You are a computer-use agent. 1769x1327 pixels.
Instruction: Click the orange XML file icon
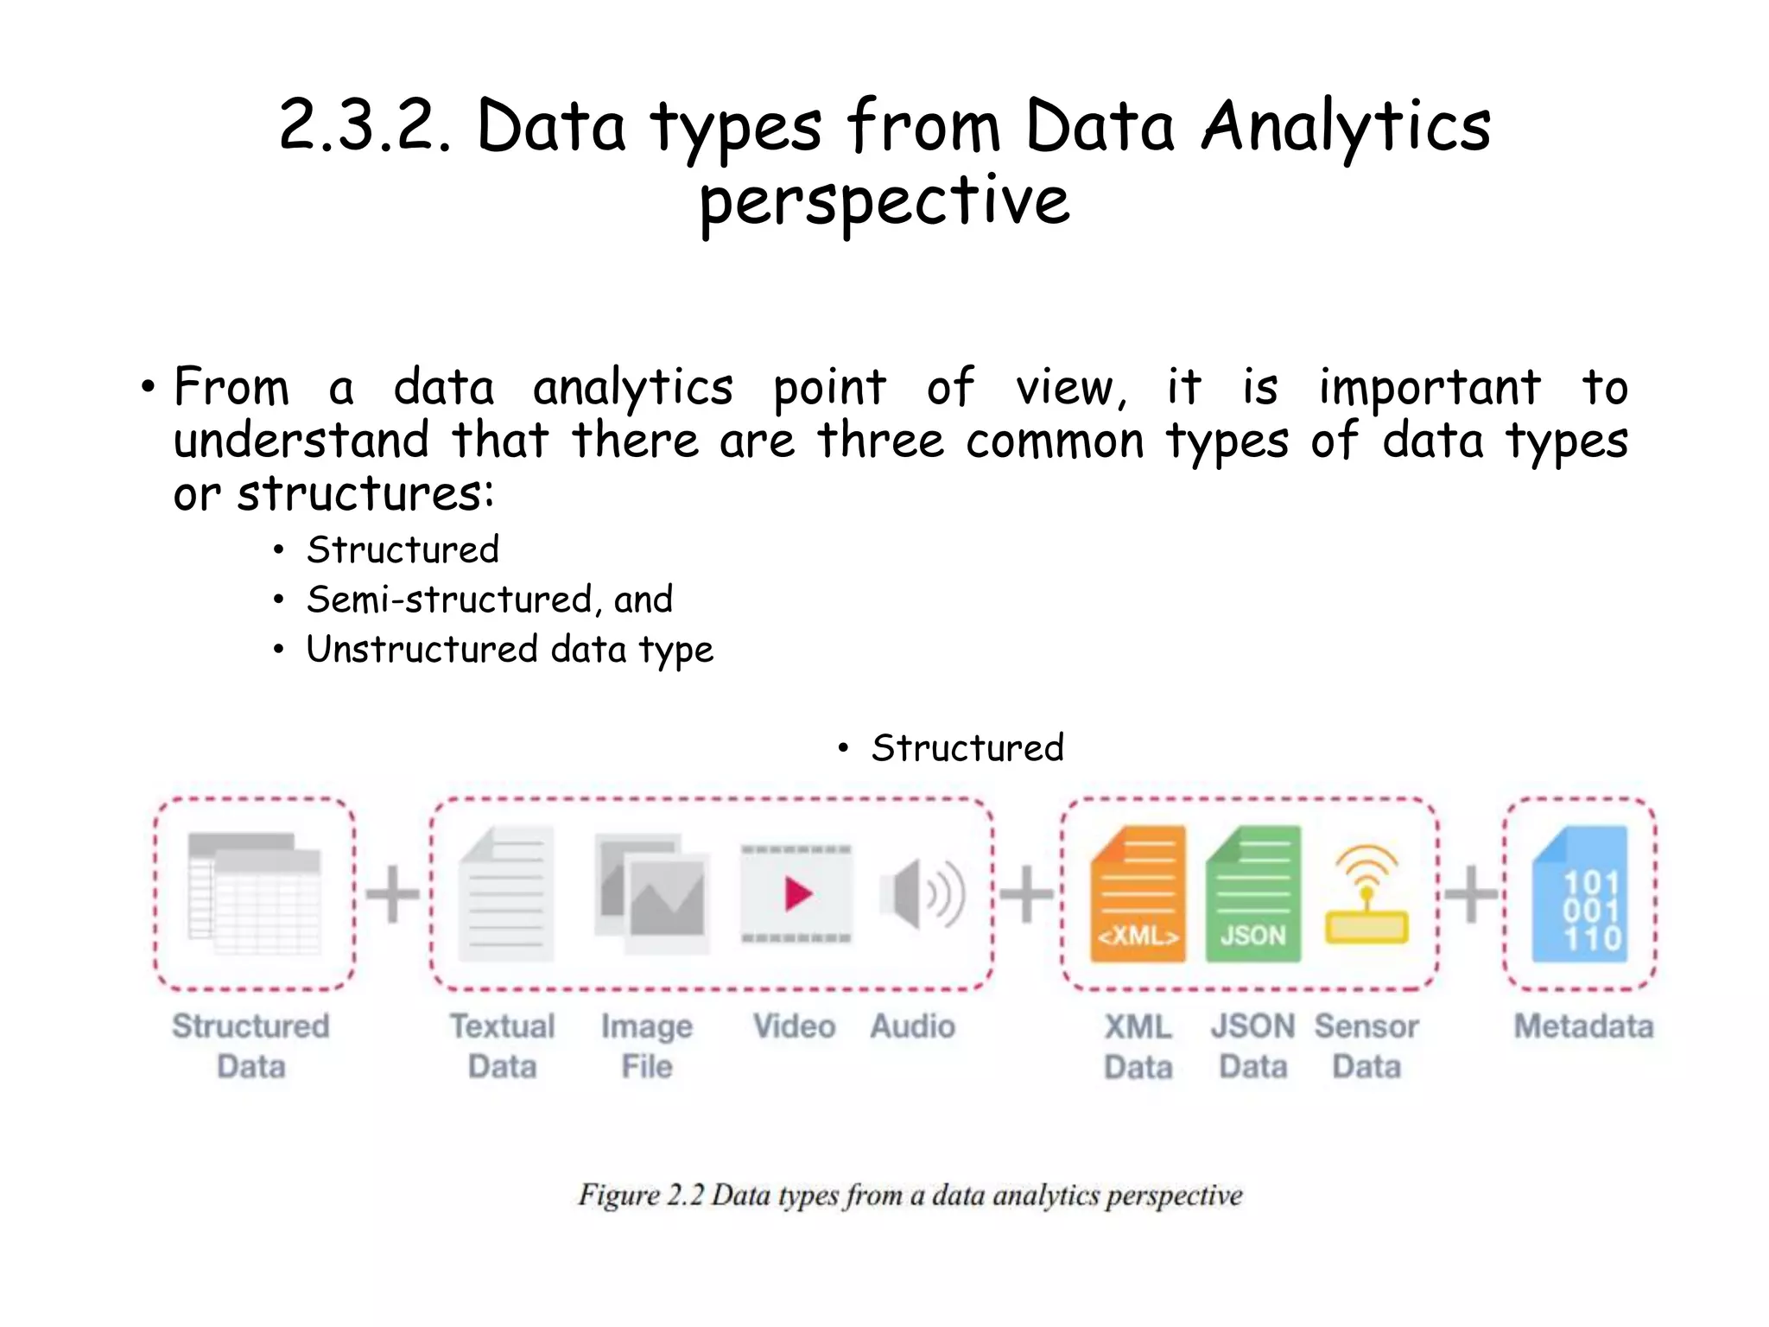[1138, 894]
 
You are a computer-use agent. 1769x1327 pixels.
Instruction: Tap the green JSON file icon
[1252, 894]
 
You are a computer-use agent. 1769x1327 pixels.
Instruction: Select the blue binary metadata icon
[1580, 894]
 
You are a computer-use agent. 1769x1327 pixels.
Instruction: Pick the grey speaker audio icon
[922, 893]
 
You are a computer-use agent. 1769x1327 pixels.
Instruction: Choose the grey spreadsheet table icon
[254, 893]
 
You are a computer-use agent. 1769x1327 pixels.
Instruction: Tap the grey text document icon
[506, 893]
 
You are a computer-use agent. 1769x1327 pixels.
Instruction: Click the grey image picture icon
[652, 893]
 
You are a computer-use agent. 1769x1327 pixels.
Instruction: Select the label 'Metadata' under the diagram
[1583, 1026]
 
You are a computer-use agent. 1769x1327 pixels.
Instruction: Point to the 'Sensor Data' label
[1366, 1046]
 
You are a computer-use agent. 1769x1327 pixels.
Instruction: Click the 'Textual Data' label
[503, 1046]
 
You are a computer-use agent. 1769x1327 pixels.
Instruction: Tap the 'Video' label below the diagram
[794, 1026]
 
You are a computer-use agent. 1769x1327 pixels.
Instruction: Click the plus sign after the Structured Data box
[393, 893]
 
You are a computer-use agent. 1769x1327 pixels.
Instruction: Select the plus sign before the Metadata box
[1471, 893]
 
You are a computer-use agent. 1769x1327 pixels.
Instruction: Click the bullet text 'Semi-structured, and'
[490, 600]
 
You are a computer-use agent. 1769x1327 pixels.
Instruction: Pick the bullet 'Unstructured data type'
[510, 650]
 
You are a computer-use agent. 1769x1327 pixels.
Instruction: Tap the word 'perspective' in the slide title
[884, 202]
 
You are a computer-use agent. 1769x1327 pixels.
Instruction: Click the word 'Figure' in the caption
[618, 1195]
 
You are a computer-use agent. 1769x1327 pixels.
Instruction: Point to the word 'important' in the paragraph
[1430, 387]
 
